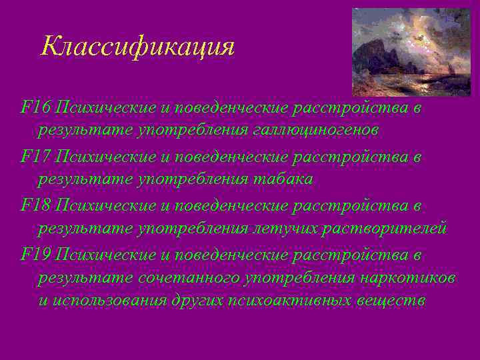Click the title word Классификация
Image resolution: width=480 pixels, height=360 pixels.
pos(137,47)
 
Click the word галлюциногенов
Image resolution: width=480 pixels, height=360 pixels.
pos(315,130)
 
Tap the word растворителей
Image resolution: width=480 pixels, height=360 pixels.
pos(382,229)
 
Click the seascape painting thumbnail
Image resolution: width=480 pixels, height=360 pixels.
pos(411,51)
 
